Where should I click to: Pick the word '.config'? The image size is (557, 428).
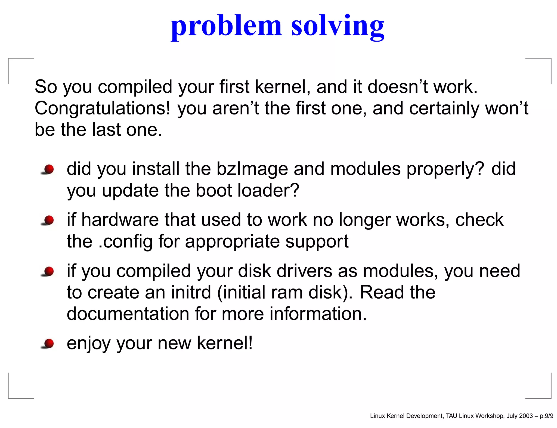(125, 242)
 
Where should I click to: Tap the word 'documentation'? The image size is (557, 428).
(128, 314)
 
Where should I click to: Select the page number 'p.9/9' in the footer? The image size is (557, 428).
(546, 416)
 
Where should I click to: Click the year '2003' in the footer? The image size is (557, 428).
(526, 416)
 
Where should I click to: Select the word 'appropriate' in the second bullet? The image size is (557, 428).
(232, 242)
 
